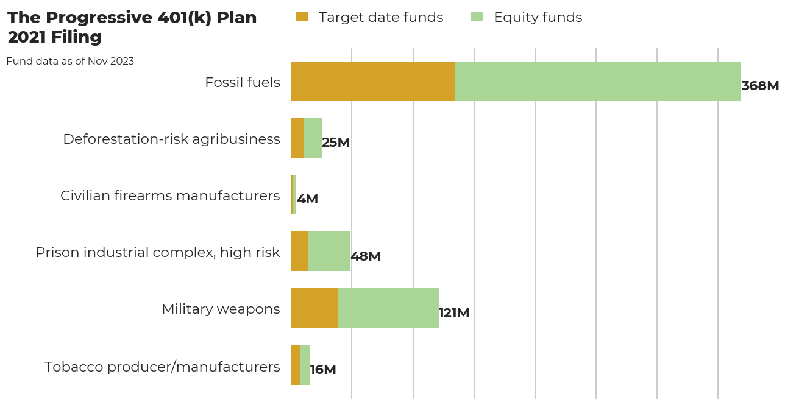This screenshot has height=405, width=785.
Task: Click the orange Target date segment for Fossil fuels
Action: (x=372, y=82)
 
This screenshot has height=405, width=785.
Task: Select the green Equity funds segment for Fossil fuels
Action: (x=597, y=82)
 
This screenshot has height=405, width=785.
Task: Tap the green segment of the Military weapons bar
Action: (x=388, y=308)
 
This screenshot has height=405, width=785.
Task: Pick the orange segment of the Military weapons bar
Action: (x=314, y=308)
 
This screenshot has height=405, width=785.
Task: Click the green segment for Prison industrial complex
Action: (x=329, y=252)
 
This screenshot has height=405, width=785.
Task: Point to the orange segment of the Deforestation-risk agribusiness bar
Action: (x=297, y=138)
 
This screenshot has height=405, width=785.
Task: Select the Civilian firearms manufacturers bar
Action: (x=294, y=195)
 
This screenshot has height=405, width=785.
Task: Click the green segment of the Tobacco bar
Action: (x=305, y=365)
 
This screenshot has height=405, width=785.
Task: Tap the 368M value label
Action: (x=760, y=86)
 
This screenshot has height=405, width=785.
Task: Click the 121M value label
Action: (x=454, y=313)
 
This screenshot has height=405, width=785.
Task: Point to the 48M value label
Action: (x=366, y=256)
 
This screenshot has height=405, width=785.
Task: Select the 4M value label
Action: (x=308, y=199)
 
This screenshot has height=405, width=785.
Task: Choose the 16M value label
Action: (x=323, y=370)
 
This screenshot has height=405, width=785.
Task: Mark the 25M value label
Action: (x=336, y=143)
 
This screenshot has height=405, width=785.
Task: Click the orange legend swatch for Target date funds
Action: (x=302, y=16)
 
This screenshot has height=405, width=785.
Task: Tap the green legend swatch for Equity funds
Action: (x=477, y=16)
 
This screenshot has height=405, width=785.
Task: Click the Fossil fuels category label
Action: (x=243, y=83)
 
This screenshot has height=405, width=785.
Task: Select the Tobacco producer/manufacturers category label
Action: (x=162, y=367)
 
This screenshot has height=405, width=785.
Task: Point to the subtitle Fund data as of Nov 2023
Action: (x=70, y=62)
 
